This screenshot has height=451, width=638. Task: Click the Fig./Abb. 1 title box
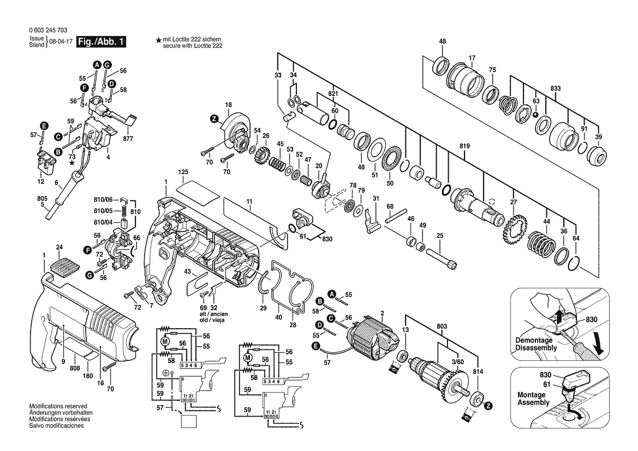pyautogui.click(x=101, y=41)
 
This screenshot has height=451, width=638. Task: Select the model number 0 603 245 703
pyautogui.click(x=48, y=30)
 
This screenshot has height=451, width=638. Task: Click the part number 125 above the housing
pyautogui.click(x=183, y=172)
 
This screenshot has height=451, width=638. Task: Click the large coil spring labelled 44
pyautogui.click(x=541, y=246)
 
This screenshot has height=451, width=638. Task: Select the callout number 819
pyautogui.click(x=464, y=146)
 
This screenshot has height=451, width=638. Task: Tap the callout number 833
pyautogui.click(x=555, y=88)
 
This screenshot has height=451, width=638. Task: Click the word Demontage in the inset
pyautogui.click(x=534, y=340)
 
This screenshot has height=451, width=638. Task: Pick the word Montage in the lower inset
pyautogui.click(x=531, y=395)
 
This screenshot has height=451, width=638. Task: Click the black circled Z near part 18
pyautogui.click(x=214, y=119)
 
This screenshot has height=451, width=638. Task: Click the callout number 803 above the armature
pyautogui.click(x=442, y=326)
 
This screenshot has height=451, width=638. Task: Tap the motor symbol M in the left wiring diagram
pyautogui.click(x=165, y=341)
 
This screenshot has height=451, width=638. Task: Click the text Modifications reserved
pyautogui.click(x=58, y=406)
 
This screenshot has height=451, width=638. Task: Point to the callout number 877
pyautogui.click(x=128, y=138)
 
